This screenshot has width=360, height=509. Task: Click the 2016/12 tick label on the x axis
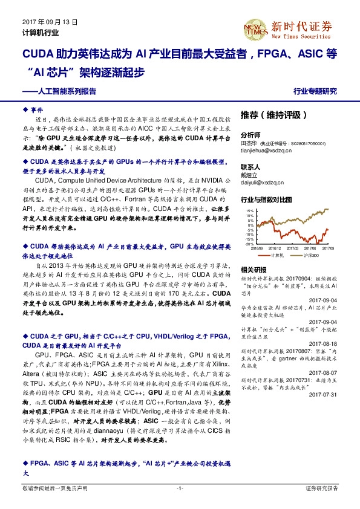275,248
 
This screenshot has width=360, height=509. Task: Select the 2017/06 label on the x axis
312,248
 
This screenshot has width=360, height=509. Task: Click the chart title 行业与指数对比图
266,199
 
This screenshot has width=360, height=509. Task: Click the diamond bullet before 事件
25,111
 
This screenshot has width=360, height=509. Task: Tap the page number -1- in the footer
180,487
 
